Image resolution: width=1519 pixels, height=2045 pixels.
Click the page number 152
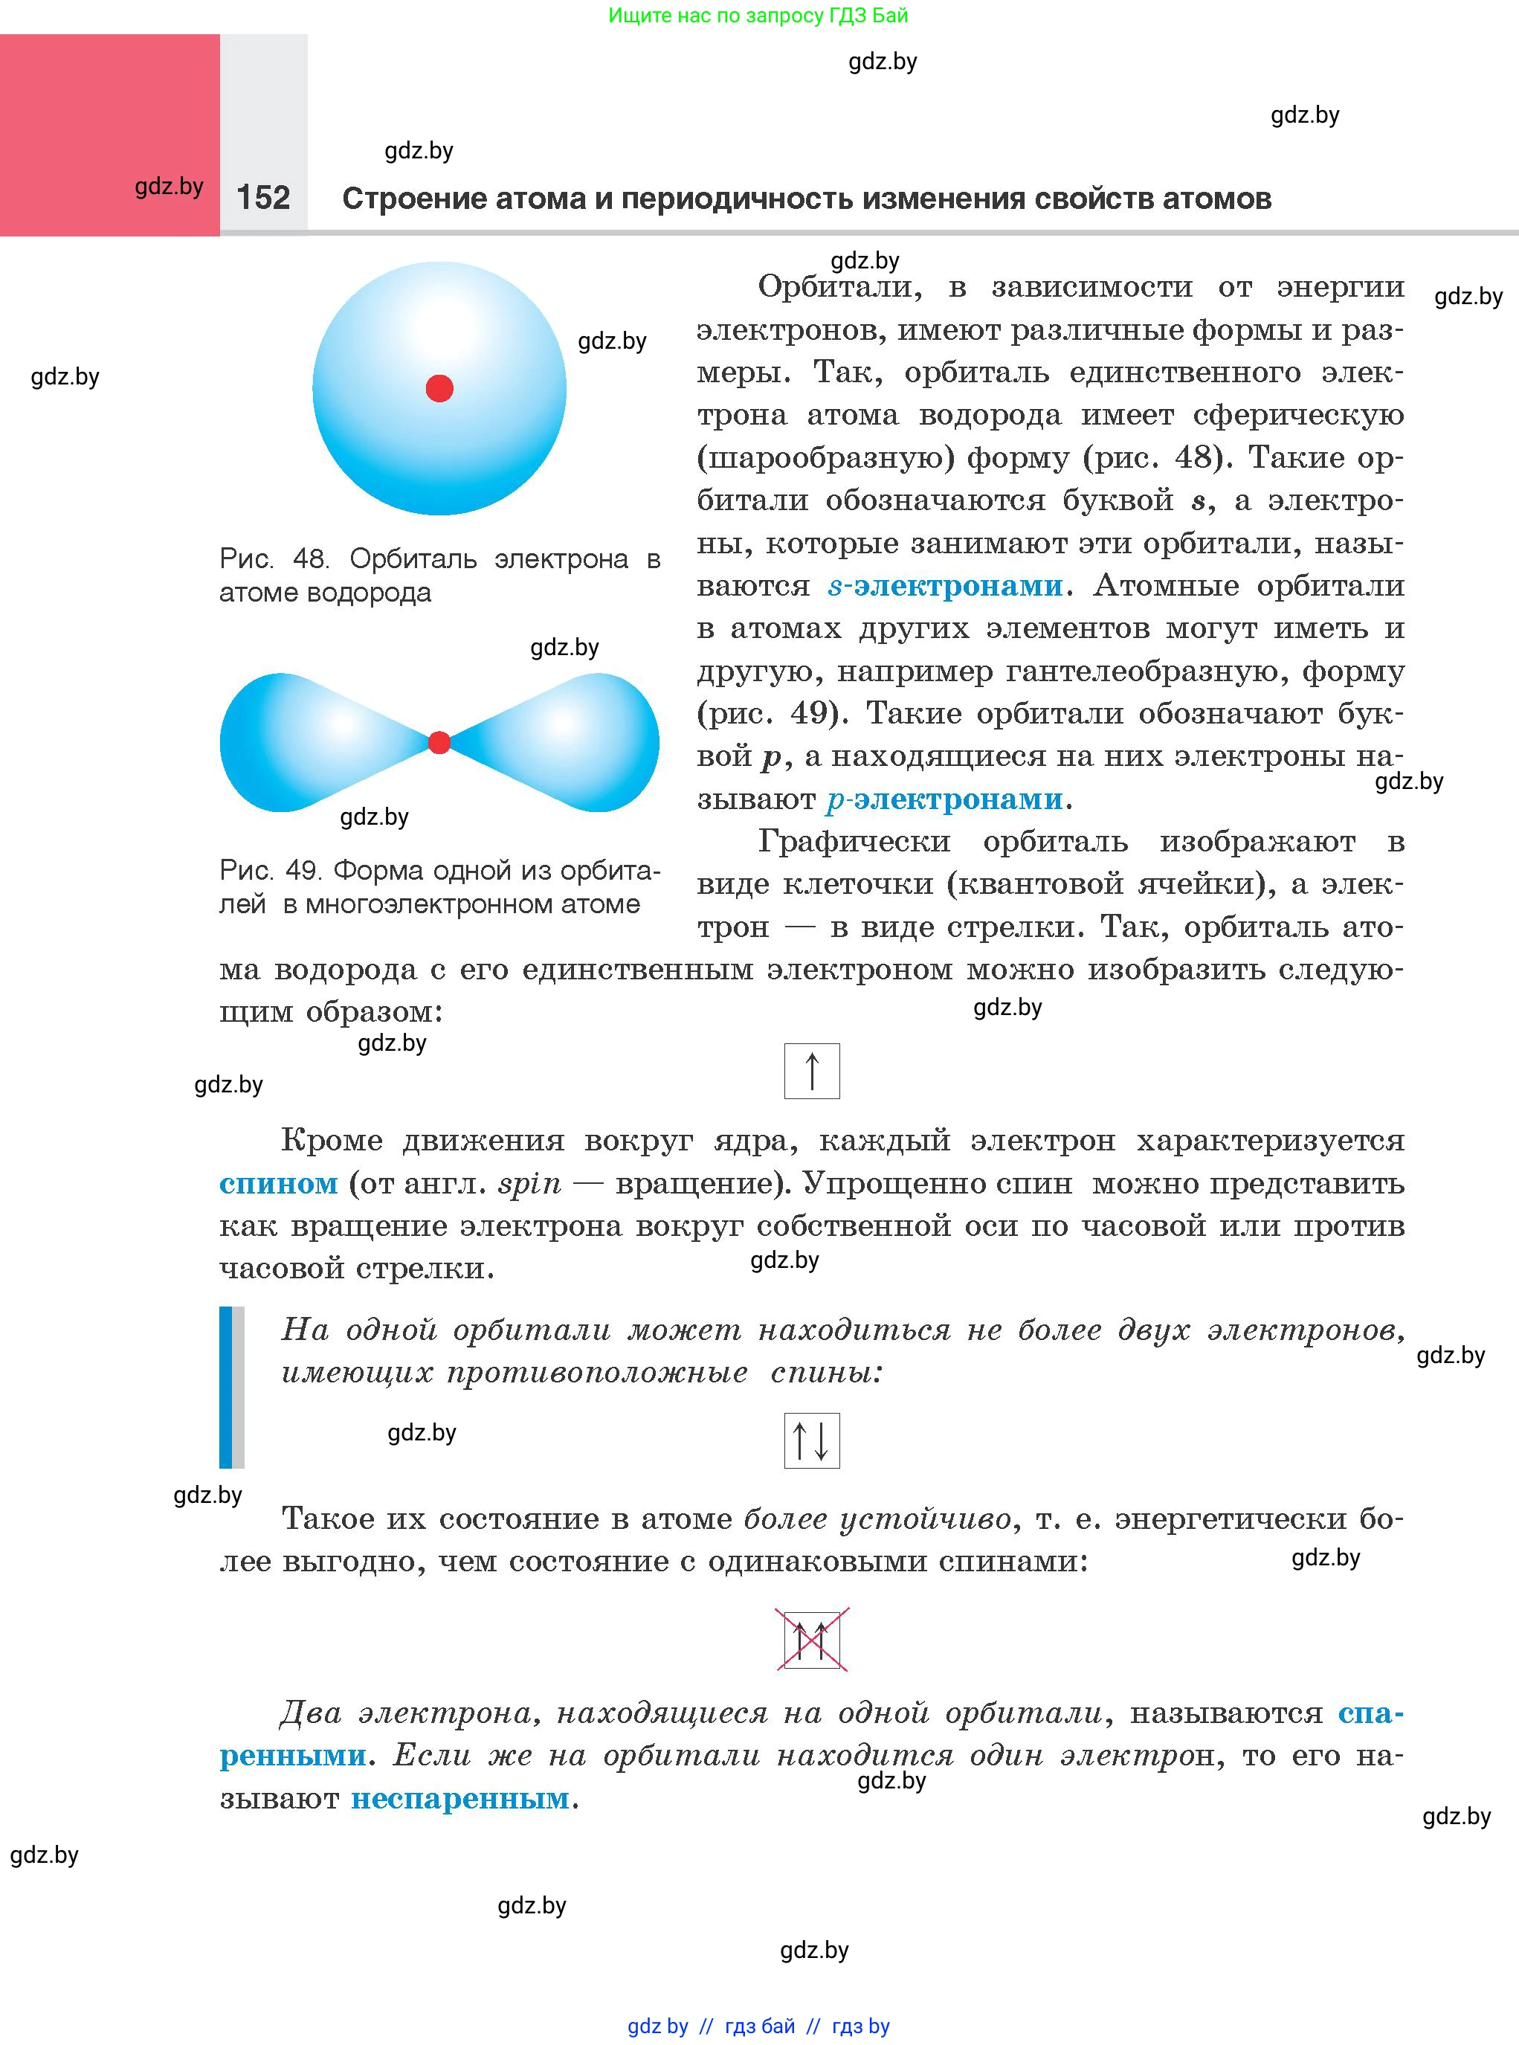[263, 198]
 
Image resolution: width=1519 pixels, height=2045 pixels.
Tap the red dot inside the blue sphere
[439, 388]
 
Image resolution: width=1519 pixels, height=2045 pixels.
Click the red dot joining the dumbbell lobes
[439, 742]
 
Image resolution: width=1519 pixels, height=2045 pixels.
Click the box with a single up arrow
[811, 1070]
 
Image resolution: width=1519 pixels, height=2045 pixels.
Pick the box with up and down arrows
[811, 1440]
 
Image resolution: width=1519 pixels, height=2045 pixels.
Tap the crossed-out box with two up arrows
[811, 1638]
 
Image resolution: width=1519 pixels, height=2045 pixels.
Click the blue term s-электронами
[944, 586]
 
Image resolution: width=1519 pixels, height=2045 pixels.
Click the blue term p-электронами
[944, 799]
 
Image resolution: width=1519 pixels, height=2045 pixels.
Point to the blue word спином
[277, 1182]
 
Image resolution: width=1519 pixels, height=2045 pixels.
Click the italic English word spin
[529, 1183]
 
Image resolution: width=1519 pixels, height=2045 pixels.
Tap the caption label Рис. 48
[273, 558]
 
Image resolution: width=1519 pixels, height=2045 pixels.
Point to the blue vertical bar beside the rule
[226, 1387]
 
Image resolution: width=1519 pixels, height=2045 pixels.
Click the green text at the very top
[758, 16]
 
